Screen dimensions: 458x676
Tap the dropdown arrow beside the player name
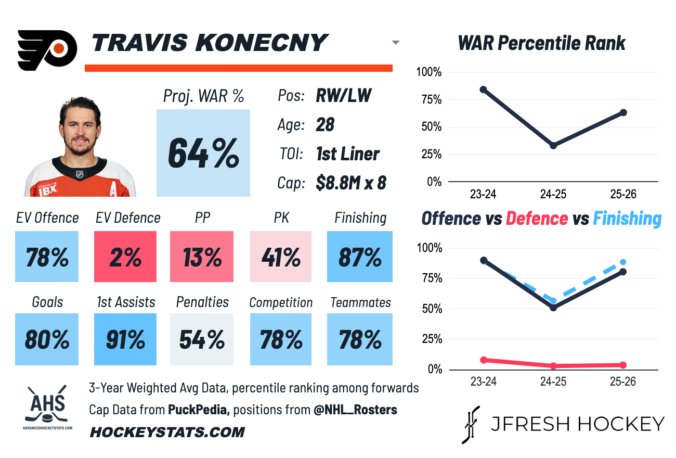pyautogui.click(x=395, y=43)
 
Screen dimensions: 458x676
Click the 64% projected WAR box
pyautogui.click(x=203, y=152)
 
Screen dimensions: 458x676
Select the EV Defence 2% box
pyautogui.click(x=125, y=257)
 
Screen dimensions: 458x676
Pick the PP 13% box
pyautogui.click(x=202, y=257)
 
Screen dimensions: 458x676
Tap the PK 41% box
pyautogui.click(x=281, y=257)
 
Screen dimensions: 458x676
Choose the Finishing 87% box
pyautogui.click(x=360, y=257)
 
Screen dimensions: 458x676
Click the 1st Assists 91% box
pyautogui.click(x=125, y=339)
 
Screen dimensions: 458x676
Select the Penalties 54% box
pyautogui.click(x=202, y=339)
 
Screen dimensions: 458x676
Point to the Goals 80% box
pyautogui.click(x=47, y=339)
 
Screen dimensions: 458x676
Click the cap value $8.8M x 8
pyautogui.click(x=351, y=183)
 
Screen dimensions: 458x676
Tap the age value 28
pyautogui.click(x=325, y=125)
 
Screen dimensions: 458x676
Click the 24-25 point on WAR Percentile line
pyautogui.click(x=553, y=145)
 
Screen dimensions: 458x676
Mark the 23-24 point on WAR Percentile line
pyautogui.click(x=484, y=90)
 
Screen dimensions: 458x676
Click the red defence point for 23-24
pyautogui.click(x=484, y=360)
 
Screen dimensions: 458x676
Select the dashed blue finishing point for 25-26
pyautogui.click(x=623, y=262)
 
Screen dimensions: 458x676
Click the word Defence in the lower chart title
pyautogui.click(x=537, y=219)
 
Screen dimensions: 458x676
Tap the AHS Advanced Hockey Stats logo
pyautogui.click(x=47, y=406)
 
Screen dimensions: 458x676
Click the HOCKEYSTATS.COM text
pyautogui.click(x=167, y=432)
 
